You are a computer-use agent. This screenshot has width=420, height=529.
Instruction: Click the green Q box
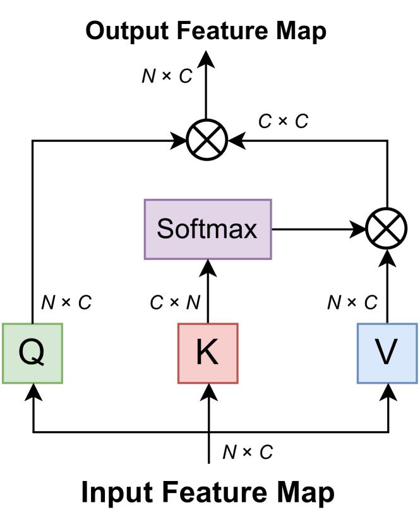(x=33, y=354)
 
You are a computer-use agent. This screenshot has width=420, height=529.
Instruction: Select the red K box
(x=208, y=354)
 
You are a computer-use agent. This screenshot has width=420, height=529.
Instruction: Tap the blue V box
(x=387, y=354)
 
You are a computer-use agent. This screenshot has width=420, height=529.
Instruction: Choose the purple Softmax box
(x=208, y=229)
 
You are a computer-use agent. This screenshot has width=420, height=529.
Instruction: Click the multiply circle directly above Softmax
(x=207, y=140)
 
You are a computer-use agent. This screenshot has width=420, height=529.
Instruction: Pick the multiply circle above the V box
(x=386, y=228)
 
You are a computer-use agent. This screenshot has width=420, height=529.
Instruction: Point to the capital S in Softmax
(x=165, y=229)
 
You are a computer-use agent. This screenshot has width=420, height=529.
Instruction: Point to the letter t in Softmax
(x=197, y=229)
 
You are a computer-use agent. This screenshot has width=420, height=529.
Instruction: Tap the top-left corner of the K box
(x=178, y=324)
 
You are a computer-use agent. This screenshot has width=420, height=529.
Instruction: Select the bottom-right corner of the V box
(x=417, y=383)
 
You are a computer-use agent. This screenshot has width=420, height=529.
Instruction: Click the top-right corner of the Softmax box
(x=271, y=200)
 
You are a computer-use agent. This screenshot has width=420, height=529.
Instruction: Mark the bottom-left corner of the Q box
(x=3, y=383)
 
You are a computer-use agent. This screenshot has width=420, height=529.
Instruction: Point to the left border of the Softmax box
(x=145, y=229)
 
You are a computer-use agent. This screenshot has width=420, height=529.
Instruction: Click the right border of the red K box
(x=237, y=354)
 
